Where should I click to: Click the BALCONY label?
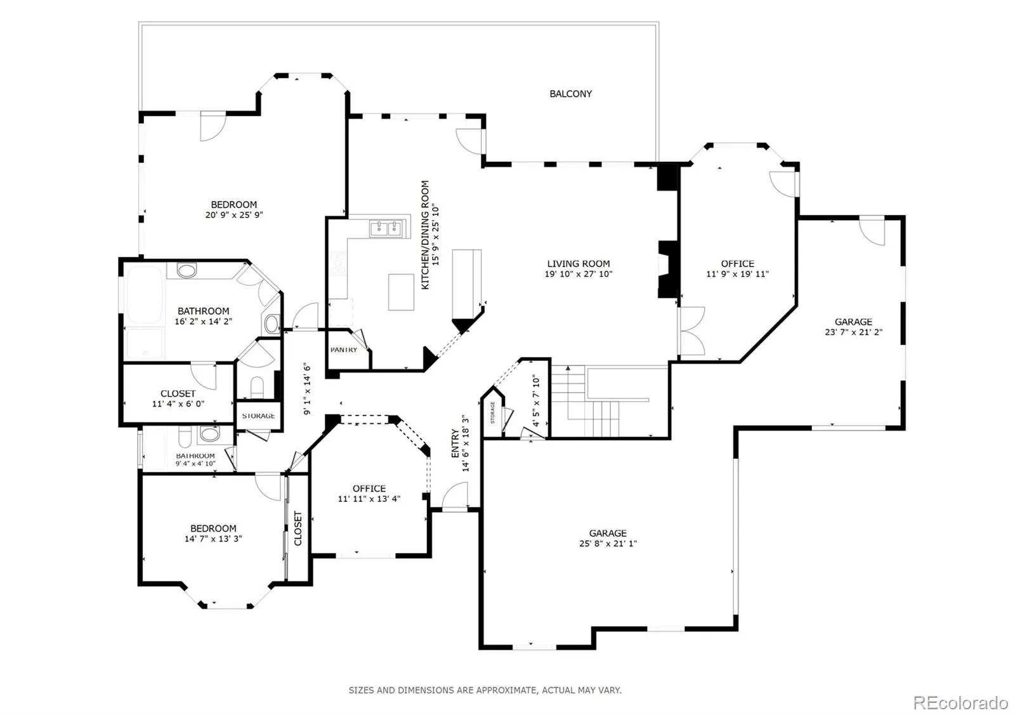tap(570, 94)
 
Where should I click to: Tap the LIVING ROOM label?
tap(578, 264)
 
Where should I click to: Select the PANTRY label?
tap(343, 350)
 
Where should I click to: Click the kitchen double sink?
tap(386, 229)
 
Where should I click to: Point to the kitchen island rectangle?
tap(401, 292)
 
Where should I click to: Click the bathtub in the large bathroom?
tap(144, 294)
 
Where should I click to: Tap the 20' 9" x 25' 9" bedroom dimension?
tap(234, 215)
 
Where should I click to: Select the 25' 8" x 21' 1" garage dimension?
tap(608, 544)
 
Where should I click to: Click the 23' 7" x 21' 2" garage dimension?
tap(853, 332)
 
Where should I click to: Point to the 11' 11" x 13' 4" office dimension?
tap(369, 499)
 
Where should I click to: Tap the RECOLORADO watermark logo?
tap(960, 703)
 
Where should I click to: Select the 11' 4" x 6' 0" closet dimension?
tap(178, 403)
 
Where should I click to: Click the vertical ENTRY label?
tap(455, 443)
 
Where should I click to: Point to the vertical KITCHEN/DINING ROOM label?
tap(425, 235)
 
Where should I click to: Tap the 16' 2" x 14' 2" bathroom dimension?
tap(203, 322)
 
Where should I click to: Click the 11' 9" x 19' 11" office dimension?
tap(737, 274)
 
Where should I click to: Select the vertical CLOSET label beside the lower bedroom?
tap(298, 528)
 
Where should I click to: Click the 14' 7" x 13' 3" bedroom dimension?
tap(213, 539)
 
